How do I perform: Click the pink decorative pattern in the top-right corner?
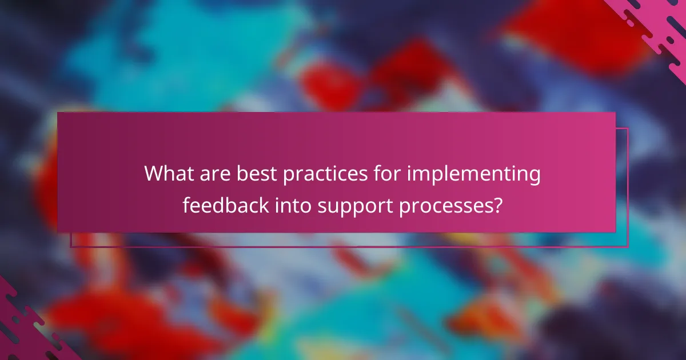(x=657, y=26)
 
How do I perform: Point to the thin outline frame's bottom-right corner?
(x=628, y=247)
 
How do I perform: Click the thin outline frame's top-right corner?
(x=628, y=129)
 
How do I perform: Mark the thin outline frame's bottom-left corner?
(x=71, y=247)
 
